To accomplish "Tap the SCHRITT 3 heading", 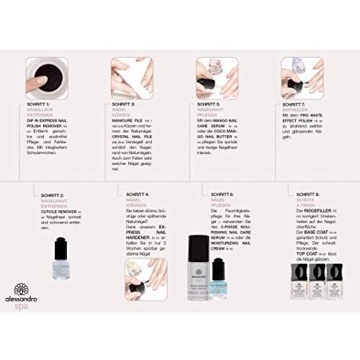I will (x=124, y=105).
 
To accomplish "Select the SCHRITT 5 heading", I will (x=208, y=105).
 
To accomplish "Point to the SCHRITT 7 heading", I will (x=296, y=105).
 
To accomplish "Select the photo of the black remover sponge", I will (x=48, y=78).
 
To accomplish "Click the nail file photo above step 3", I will (x=132, y=78).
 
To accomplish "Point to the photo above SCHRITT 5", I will (x=217, y=78).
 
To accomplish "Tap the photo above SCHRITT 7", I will (x=302, y=78).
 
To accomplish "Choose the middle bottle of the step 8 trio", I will (x=315, y=292).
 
